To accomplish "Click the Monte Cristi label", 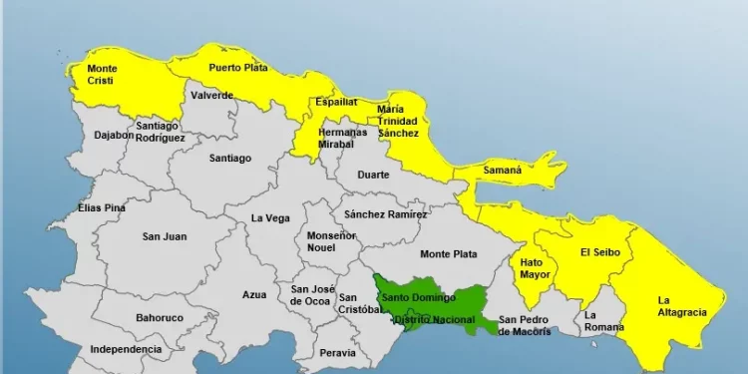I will point(102,77).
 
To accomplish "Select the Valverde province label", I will point(211,96).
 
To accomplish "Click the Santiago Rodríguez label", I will point(160,132).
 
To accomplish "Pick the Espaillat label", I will point(336,102).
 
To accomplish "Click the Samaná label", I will point(503,171).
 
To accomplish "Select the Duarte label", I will point(374,174).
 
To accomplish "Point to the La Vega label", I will point(270,218).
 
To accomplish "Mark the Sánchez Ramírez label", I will point(385,214).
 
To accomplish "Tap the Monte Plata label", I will point(448,254).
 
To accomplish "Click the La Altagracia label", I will point(682,306).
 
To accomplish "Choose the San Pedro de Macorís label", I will point(525,326).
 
